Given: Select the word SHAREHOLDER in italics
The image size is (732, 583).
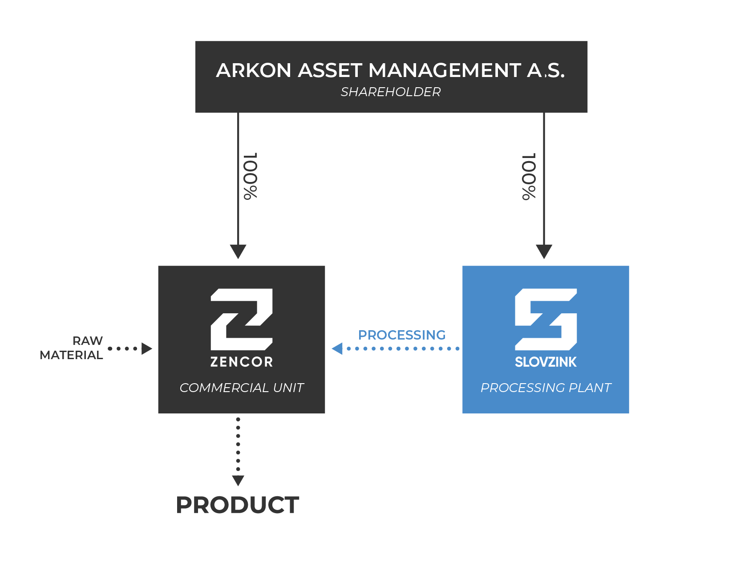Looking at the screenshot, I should [x=391, y=92].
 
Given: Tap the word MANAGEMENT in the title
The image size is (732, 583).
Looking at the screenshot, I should [x=445, y=70].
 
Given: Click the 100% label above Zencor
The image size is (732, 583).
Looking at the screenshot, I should [x=251, y=176].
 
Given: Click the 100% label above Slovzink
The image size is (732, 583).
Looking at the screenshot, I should [x=529, y=177].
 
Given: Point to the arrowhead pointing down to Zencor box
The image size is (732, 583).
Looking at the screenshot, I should [x=238, y=251].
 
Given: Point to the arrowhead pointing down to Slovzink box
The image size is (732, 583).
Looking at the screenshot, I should [x=544, y=251].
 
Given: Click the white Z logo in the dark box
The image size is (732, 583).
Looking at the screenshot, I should [x=242, y=319].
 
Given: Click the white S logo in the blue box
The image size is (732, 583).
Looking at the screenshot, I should [x=546, y=319].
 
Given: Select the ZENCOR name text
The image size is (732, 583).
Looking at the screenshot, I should [x=242, y=362].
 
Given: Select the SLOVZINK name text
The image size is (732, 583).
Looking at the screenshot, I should [x=546, y=362].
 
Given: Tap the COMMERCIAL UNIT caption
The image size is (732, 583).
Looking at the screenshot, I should [x=242, y=388].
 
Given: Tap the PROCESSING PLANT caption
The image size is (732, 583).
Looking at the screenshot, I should [x=546, y=388].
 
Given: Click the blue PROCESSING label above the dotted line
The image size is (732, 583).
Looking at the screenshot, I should [x=402, y=335].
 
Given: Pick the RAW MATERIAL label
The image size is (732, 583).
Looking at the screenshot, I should [x=72, y=348].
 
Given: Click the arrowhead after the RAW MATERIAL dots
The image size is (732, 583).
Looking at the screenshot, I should [x=146, y=348].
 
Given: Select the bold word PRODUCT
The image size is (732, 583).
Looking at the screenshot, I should [x=238, y=505].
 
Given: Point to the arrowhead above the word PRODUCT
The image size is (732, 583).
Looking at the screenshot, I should [x=238, y=480].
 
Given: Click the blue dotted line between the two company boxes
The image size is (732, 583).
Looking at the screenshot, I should [x=403, y=348].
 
